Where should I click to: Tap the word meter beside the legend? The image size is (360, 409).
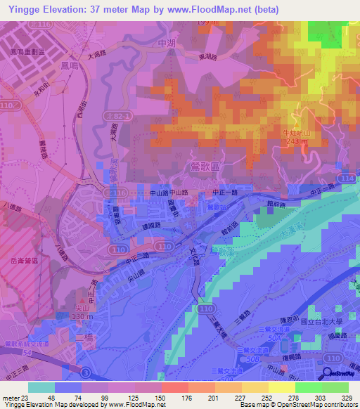pyautogui.click(x=8, y=396)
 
